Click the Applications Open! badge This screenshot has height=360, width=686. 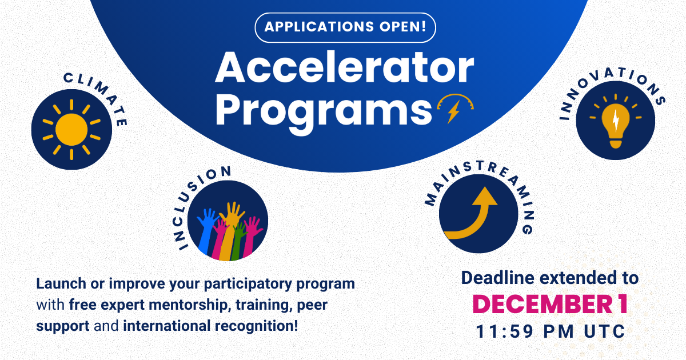(x=344, y=27)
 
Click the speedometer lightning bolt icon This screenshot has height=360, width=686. (x=455, y=109)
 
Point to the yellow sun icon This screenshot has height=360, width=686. (x=71, y=129)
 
